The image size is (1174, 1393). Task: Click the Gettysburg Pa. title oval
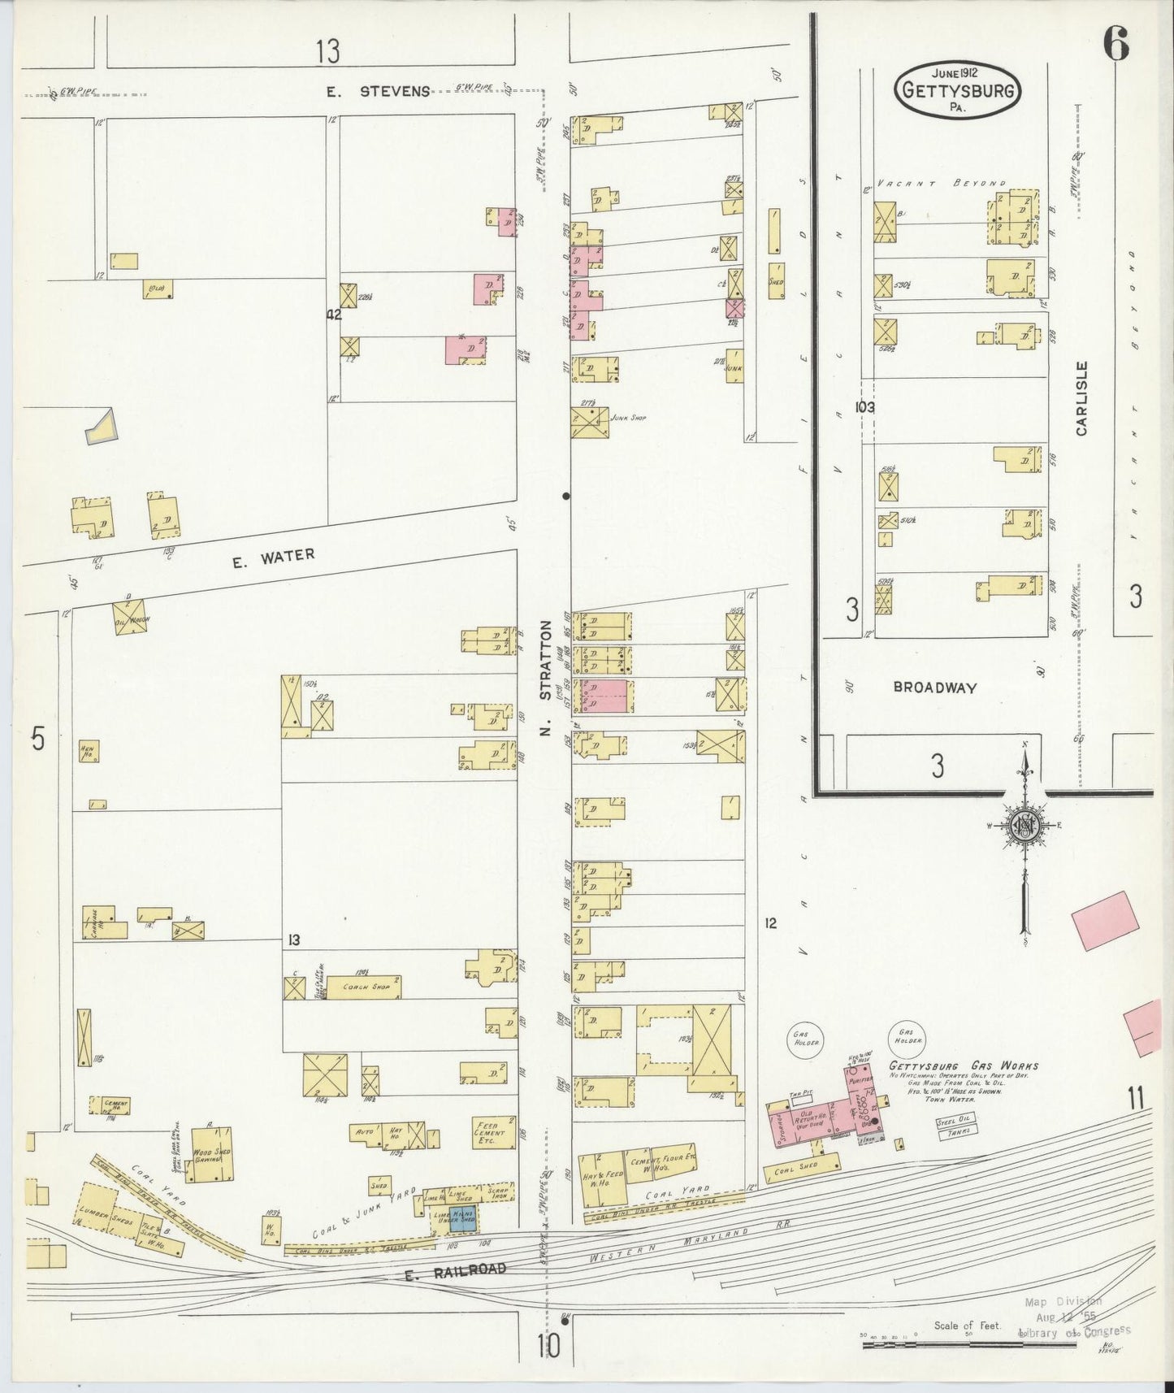click(x=957, y=89)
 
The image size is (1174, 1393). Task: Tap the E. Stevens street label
click(x=378, y=91)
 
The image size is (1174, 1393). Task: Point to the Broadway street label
click(x=934, y=687)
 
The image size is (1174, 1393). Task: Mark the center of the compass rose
click(x=1025, y=827)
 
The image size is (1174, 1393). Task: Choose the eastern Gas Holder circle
click(x=908, y=1032)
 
